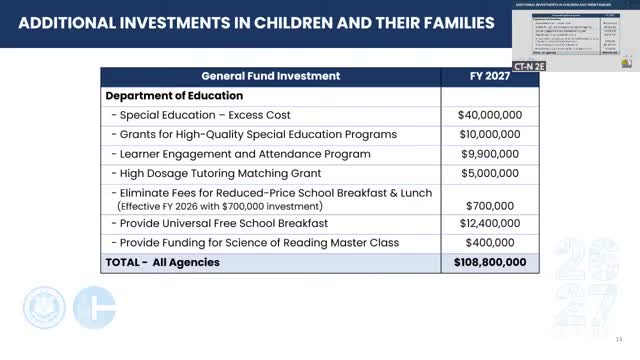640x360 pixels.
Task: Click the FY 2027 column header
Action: tap(490, 76)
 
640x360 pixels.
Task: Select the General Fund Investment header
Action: tap(270, 76)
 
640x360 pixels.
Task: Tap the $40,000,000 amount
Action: tap(490, 115)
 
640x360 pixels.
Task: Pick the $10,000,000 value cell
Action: tap(490, 135)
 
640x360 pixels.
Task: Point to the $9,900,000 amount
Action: tap(490, 154)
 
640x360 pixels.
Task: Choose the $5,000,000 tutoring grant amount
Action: tap(490, 173)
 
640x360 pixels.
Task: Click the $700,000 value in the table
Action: tap(490, 205)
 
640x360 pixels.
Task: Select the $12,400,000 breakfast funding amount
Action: tap(490, 224)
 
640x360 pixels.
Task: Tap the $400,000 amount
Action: tap(490, 243)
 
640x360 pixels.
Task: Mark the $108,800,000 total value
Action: tap(490, 263)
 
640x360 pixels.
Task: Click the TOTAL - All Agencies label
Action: tap(162, 263)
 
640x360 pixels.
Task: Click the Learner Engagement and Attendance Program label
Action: tap(241, 154)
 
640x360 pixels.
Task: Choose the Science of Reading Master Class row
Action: tap(255, 243)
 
